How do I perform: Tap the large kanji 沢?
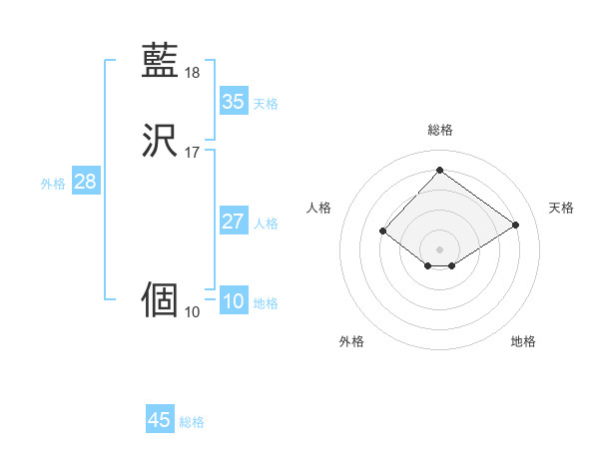[161, 141]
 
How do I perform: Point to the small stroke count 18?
[193, 73]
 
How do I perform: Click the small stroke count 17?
[193, 153]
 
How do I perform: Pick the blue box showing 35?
[234, 102]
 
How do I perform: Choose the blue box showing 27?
[234, 222]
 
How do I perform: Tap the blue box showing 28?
[85, 182]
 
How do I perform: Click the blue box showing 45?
[160, 420]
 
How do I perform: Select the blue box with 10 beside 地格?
[234, 301]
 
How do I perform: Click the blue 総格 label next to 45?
[192, 422]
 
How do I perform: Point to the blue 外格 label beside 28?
[53, 184]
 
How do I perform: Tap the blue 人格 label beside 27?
[267, 224]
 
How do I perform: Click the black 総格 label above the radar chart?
[439, 130]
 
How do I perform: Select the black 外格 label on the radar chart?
[351, 341]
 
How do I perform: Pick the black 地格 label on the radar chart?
[523, 341]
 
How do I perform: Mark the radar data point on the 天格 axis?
[516, 225]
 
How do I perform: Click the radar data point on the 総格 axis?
[439, 170]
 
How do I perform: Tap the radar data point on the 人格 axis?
[382, 231]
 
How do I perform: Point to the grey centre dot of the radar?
[439, 248]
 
